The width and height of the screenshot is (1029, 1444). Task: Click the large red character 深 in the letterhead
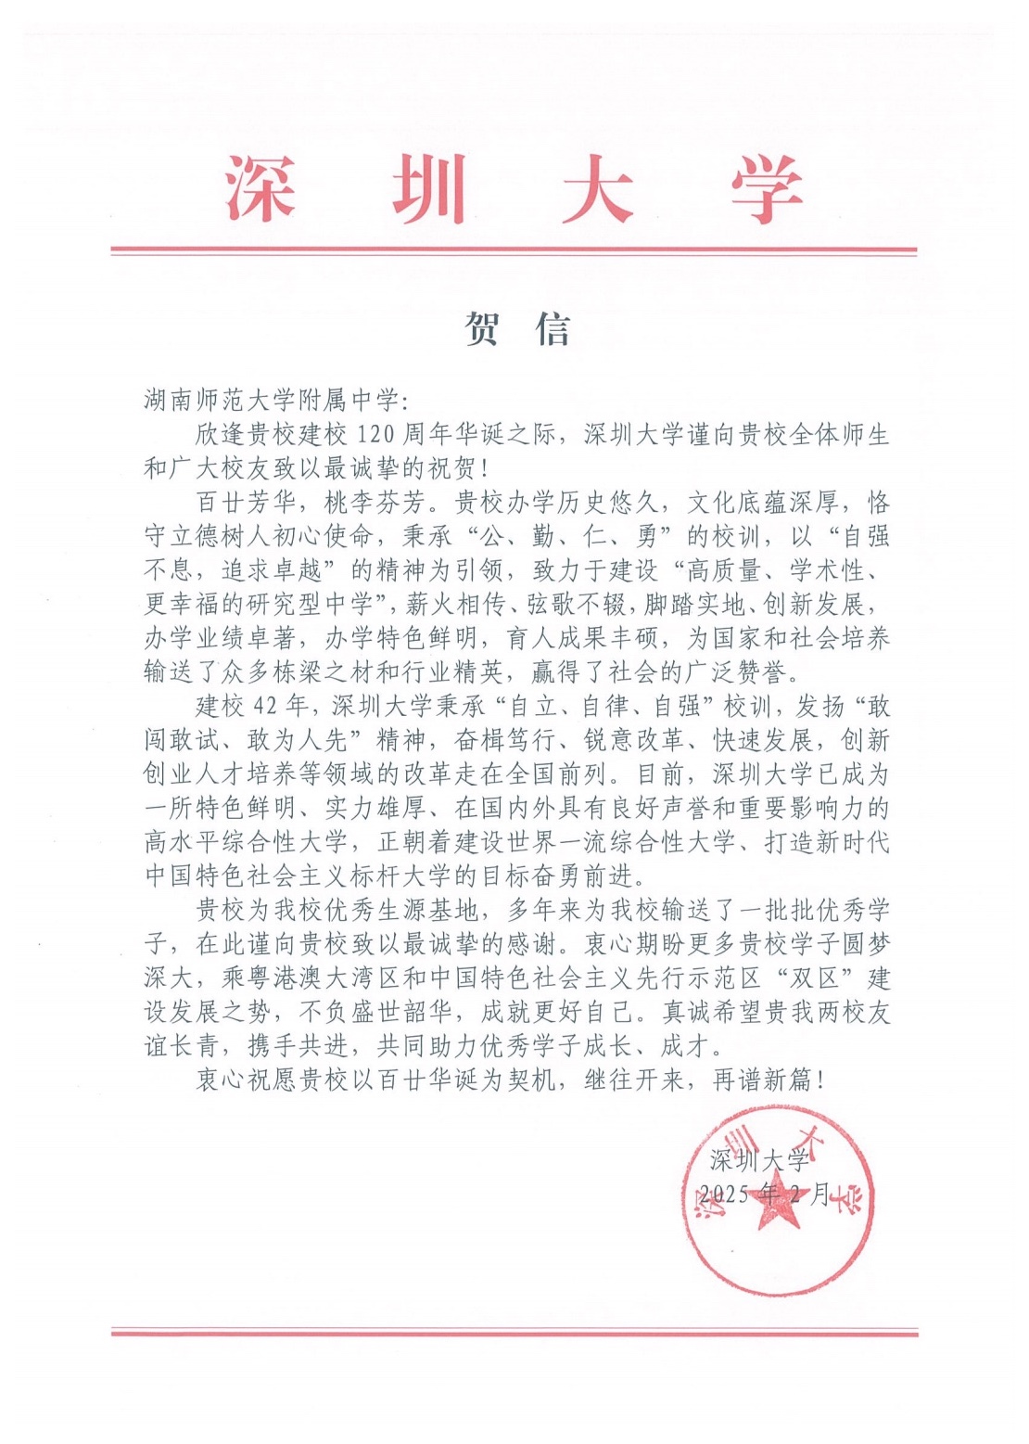[x=260, y=189]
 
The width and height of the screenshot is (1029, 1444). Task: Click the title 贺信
[x=517, y=328]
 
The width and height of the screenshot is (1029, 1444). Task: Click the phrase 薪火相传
[x=457, y=604]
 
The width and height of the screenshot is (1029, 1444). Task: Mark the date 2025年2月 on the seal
[x=766, y=1194]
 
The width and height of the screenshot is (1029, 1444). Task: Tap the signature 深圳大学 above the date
[x=759, y=1159]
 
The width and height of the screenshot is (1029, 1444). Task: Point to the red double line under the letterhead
[x=514, y=250]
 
